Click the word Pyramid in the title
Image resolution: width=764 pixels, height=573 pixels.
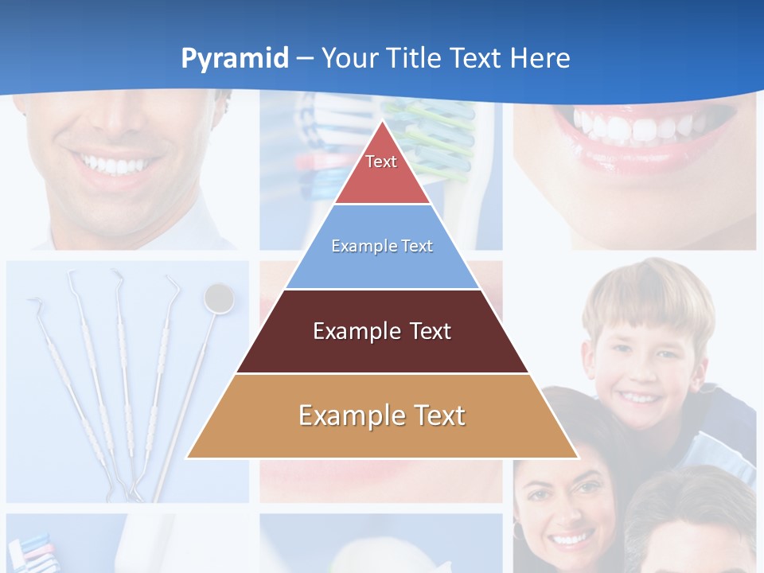coord(235,59)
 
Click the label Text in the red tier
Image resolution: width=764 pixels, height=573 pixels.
coord(381,162)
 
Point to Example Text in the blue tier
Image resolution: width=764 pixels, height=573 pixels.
coord(382,246)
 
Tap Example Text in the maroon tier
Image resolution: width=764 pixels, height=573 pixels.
coord(382,331)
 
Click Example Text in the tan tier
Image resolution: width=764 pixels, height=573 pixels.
coord(382,415)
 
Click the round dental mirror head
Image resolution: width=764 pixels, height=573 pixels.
coord(219,298)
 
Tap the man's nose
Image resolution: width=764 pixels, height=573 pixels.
coord(119,119)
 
